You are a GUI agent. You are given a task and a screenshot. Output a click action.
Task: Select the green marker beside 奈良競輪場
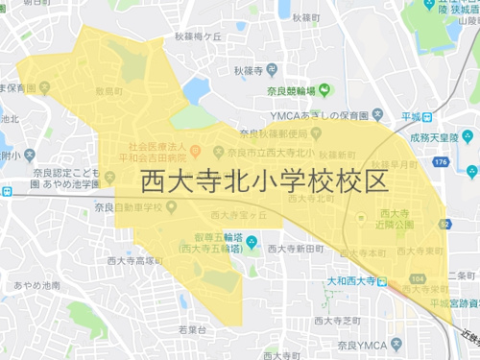pos(324,91)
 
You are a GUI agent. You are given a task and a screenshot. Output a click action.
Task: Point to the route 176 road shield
pos(441,163)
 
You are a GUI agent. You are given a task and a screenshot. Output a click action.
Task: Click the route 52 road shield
pos(446,224)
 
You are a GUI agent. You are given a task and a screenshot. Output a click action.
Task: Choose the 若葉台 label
pos(193,328)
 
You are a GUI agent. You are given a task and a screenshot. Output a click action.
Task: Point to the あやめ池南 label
pos(38,285)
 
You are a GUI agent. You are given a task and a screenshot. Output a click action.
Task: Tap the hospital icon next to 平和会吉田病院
pos(193,151)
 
